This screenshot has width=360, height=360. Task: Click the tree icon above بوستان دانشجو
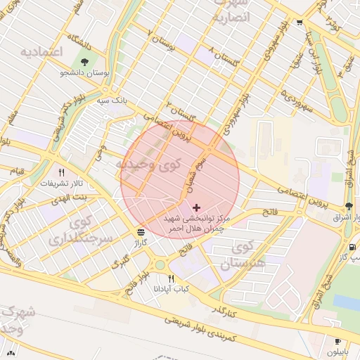(85, 61)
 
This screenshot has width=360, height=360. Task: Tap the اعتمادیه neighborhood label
(41, 53)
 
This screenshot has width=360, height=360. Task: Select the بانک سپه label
(113, 101)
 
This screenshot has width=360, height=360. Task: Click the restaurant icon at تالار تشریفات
(61, 172)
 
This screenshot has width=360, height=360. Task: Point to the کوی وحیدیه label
(147, 165)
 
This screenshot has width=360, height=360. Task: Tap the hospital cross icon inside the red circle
(195, 207)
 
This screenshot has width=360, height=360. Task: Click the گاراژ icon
(141, 231)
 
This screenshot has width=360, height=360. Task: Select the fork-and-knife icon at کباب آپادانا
(171, 278)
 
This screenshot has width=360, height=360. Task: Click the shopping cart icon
(300, 22)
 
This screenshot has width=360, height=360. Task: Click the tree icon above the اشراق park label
(349, 206)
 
